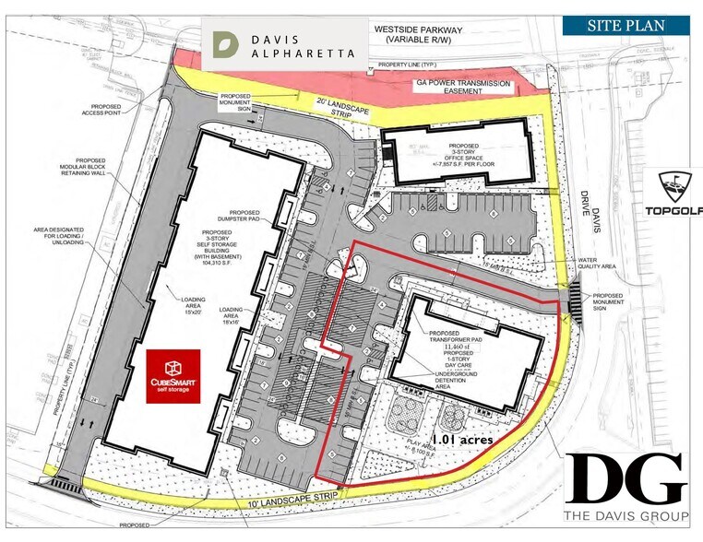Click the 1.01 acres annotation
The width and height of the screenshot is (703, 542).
462,441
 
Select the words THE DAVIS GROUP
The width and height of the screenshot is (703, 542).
626,514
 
